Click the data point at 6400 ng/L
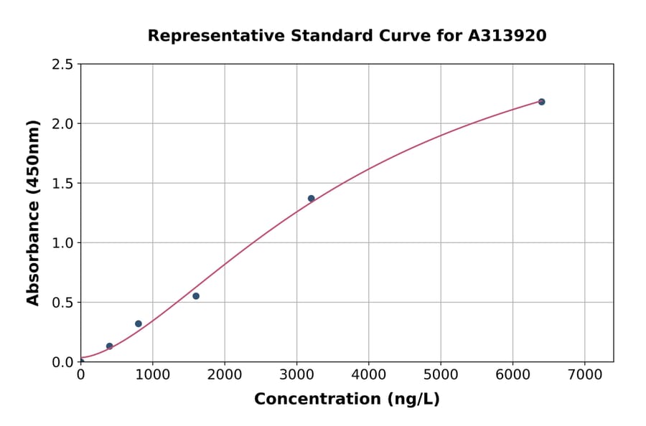[541, 102]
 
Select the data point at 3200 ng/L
[311, 199]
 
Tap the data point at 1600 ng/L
[196, 296]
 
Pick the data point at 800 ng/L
[139, 324]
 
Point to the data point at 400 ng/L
[110, 346]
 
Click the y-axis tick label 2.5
[63, 65]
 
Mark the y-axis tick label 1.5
[63, 184]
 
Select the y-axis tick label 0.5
[63, 303]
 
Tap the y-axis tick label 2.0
[63, 124]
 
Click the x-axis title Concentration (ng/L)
[347, 399]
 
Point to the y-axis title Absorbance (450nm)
[33, 213]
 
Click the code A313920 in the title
[507, 36]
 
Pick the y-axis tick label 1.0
[63, 243]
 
